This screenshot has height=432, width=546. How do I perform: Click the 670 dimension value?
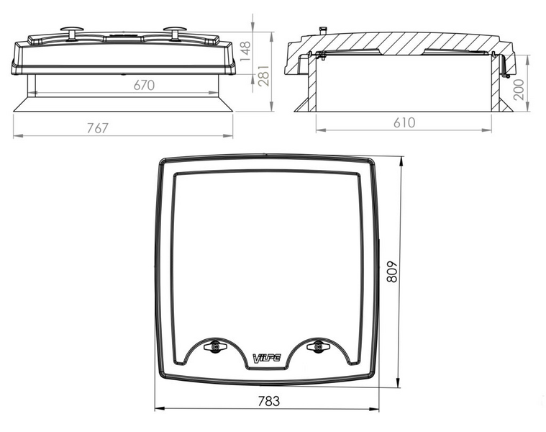(144, 86)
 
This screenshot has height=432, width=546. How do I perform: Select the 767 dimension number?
(97, 128)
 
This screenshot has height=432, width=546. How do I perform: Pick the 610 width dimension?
(404, 122)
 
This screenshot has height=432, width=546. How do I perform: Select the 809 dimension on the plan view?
(393, 272)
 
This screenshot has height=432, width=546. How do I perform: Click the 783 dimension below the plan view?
(267, 400)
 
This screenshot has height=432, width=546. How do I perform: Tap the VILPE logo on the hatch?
(267, 357)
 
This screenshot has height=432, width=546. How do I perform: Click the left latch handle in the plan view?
(215, 347)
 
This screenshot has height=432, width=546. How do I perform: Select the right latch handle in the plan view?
(316, 347)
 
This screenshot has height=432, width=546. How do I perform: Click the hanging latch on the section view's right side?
(506, 69)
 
